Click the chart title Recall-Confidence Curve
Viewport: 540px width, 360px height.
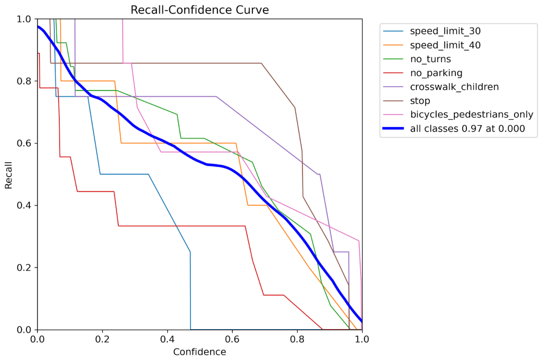(200, 10)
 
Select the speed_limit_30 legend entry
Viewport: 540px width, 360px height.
(445, 31)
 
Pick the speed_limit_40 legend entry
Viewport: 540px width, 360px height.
(445, 45)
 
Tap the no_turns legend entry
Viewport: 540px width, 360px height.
(430, 59)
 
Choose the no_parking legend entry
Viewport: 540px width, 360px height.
(436, 73)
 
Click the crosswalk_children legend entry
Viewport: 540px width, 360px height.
(454, 87)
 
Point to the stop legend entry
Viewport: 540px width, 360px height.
(420, 101)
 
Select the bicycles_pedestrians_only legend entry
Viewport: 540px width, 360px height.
(471, 115)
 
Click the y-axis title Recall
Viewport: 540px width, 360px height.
(9, 174)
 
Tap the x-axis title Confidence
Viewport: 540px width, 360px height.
(200, 352)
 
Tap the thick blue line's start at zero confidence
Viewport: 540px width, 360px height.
(38, 26)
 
